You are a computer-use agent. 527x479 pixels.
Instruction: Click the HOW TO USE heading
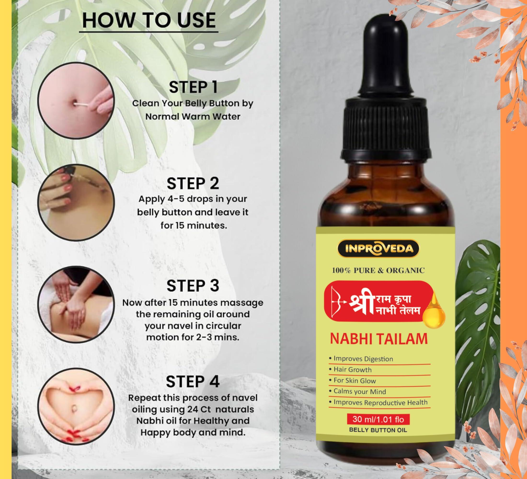pyautogui.click(x=149, y=21)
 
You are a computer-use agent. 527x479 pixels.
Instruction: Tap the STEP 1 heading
pyautogui.click(x=193, y=87)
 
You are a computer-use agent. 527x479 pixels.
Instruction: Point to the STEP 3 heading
pyautogui.click(x=193, y=286)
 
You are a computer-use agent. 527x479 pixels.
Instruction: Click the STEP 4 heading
pyautogui.click(x=193, y=382)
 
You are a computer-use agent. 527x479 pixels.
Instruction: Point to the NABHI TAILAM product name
pyautogui.click(x=379, y=339)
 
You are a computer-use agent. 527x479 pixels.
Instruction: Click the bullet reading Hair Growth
pyautogui.click(x=350, y=370)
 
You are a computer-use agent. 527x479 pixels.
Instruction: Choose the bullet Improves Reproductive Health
pyautogui.click(x=378, y=402)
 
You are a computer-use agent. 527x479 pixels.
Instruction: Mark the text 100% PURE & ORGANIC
pyautogui.click(x=378, y=270)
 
